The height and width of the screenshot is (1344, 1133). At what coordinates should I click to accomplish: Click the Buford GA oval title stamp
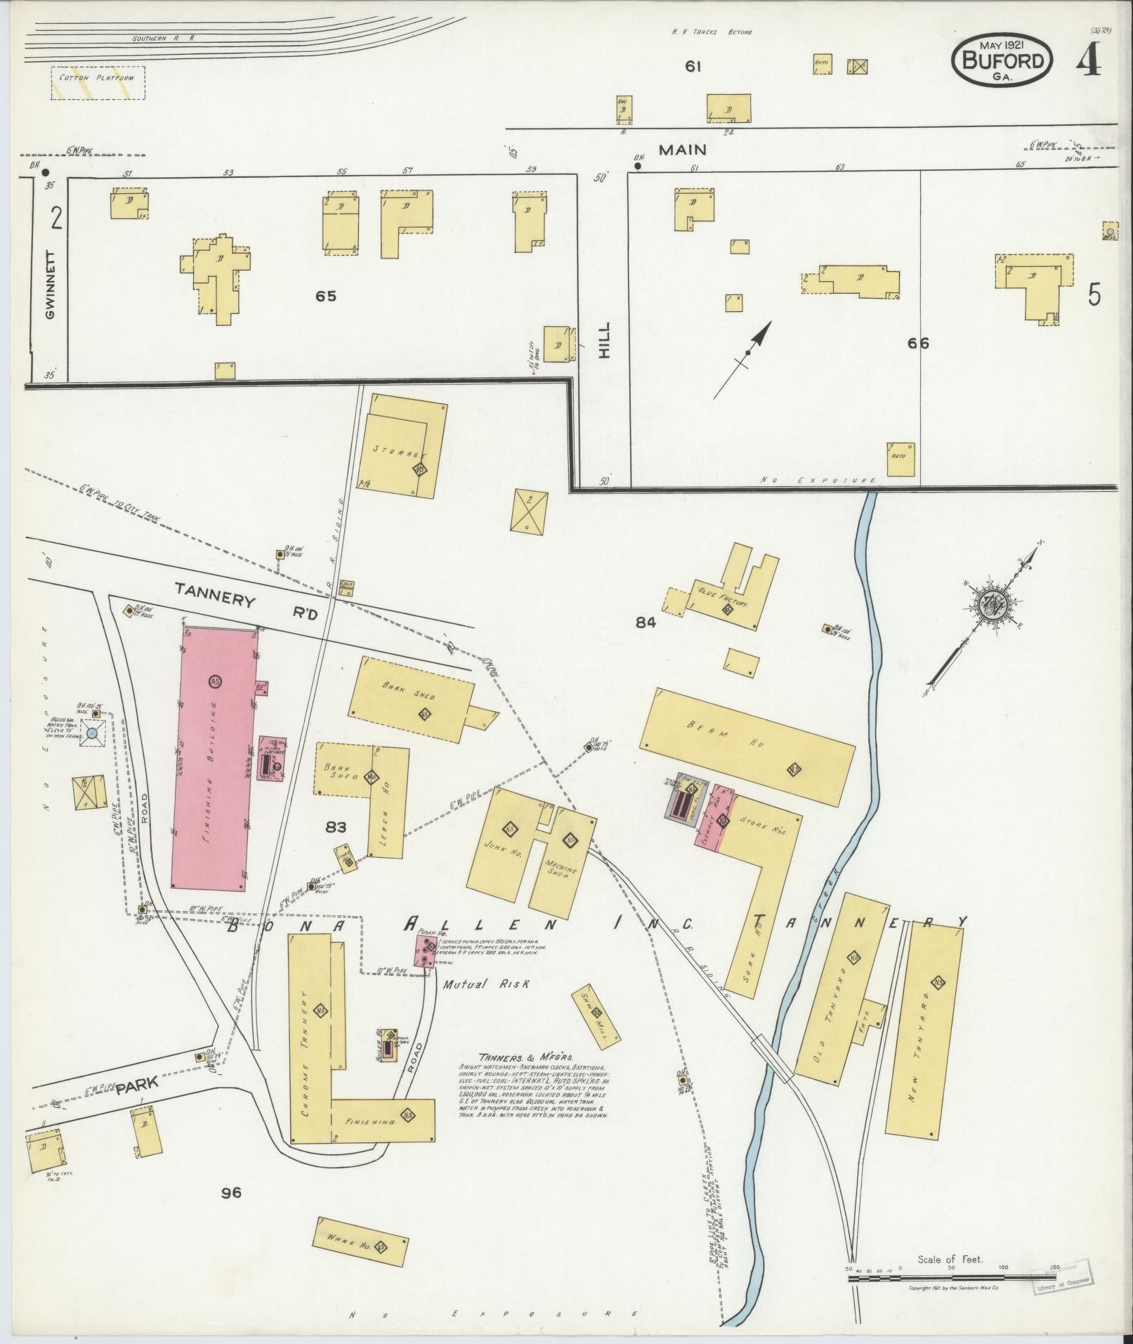1002,61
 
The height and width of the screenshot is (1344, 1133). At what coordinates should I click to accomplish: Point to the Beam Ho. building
747,747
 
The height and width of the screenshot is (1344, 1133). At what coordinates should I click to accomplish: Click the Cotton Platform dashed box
98,82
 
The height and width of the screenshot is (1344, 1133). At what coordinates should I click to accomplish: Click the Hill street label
605,340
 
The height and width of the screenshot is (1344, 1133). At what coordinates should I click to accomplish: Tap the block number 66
917,343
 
